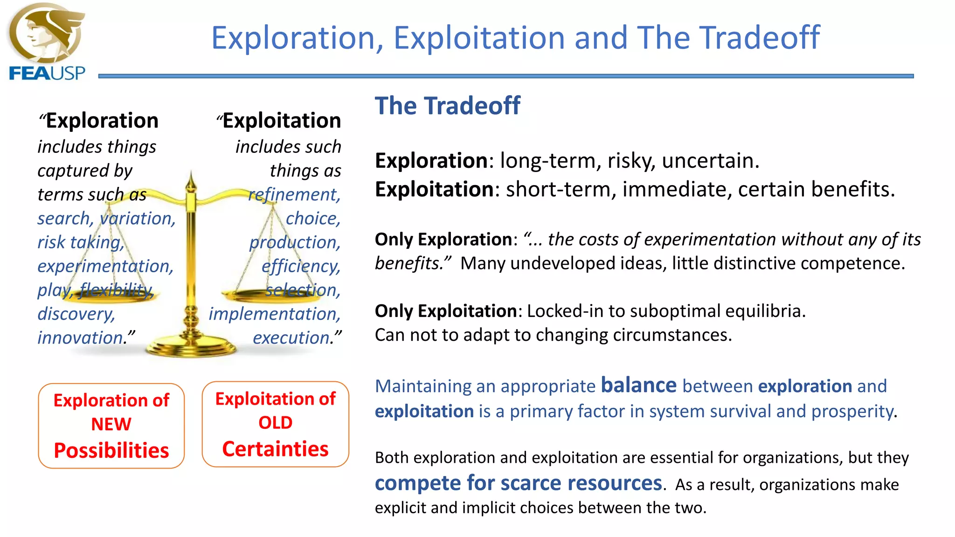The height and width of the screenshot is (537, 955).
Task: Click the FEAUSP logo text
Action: click(47, 74)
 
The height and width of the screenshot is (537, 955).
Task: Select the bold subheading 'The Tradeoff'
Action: click(447, 106)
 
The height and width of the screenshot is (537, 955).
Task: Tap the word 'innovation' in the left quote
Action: click(81, 337)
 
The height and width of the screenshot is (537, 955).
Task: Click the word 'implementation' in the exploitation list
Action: click(274, 314)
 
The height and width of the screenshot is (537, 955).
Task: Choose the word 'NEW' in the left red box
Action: click(111, 424)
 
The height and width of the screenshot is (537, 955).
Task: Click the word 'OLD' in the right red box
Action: click(275, 423)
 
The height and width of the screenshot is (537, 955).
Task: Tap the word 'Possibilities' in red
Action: click(111, 450)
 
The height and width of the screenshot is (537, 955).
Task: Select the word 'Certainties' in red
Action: click(275, 449)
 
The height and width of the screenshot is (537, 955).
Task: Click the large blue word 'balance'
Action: click(638, 386)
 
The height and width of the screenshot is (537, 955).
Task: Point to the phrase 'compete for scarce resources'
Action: click(518, 483)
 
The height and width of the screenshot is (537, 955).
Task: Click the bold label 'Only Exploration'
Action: click(443, 240)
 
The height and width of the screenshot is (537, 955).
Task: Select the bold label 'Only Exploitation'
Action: click(445, 311)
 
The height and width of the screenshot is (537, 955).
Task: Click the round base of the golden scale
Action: click(191, 347)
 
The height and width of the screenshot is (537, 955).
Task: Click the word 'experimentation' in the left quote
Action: click(104, 266)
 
